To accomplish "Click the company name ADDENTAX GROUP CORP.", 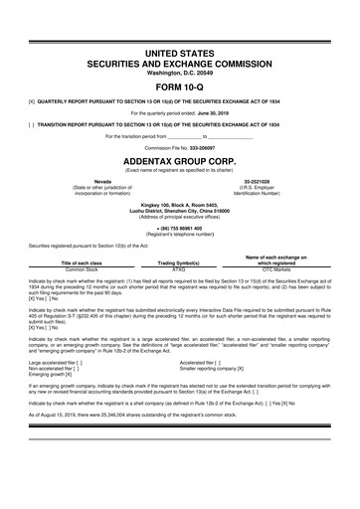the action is [179, 158].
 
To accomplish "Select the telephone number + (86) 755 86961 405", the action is [179, 228].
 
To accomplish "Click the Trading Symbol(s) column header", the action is [179, 262].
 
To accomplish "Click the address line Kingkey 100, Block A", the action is [179, 204].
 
